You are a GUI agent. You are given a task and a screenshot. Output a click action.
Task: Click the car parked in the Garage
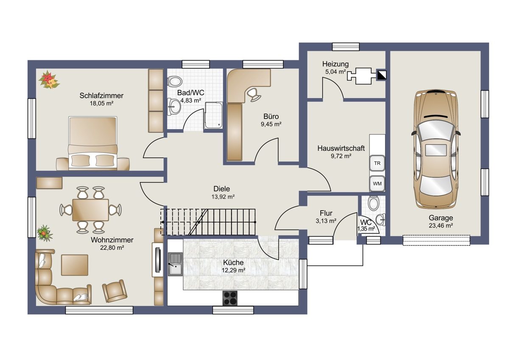coord(436,149)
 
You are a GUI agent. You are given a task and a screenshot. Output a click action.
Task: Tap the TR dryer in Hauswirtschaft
coord(377,163)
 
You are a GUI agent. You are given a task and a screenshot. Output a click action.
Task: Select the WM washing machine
coord(377,183)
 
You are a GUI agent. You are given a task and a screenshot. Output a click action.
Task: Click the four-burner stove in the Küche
coord(230,298)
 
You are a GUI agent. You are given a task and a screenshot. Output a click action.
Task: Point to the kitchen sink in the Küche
coord(175,264)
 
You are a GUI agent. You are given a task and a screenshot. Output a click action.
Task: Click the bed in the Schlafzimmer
coord(93,143)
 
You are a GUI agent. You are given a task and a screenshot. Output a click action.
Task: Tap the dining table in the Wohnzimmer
coord(90,210)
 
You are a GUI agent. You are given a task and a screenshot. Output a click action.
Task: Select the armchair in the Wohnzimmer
coord(114,291)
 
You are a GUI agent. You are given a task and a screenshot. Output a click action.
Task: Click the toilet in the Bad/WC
coord(175,81)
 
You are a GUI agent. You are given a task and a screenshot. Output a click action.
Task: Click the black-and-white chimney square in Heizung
coord(381,75)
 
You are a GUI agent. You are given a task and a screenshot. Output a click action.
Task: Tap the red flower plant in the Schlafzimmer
coord(49,80)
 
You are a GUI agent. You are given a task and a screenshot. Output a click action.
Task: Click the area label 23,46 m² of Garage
coord(441,225)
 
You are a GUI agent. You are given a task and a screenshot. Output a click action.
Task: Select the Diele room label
coord(221,189)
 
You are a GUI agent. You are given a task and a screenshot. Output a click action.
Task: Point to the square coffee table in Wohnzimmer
coord(75,265)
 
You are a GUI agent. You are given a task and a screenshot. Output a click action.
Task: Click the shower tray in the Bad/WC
coord(213,115)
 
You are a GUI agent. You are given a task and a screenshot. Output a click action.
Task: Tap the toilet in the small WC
coord(373,203)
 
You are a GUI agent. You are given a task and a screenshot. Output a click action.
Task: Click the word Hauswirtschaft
coord(341,148)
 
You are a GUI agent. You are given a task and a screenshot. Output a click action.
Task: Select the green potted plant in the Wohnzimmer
coord(45,233)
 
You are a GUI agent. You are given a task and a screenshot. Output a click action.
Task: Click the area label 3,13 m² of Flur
coord(326,221)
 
